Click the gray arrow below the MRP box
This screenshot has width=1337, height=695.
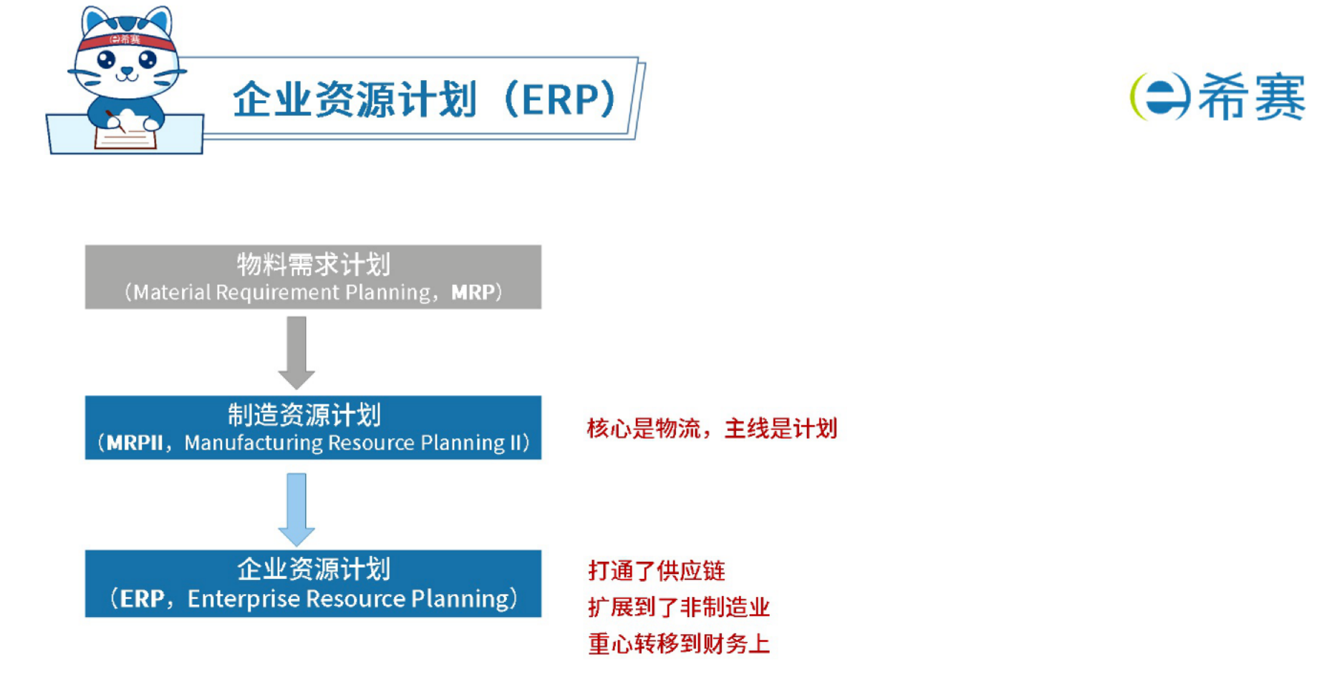tap(296, 353)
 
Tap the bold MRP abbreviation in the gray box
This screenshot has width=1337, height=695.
tap(473, 292)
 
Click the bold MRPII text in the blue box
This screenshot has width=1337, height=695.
tap(135, 443)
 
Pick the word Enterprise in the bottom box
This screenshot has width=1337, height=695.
tap(244, 599)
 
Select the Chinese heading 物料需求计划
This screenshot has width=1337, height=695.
tap(314, 264)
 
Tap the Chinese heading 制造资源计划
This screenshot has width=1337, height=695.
tap(304, 414)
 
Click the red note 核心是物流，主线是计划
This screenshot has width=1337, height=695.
tap(712, 429)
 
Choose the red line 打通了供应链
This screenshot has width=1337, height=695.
tap(657, 570)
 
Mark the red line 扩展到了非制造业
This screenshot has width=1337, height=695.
tap(679, 607)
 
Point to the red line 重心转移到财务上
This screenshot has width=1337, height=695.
tap(679, 643)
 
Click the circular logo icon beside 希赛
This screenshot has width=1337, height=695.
tap(1160, 97)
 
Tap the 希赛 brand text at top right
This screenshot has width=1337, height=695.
tap(1251, 97)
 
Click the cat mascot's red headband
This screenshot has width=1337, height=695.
tap(127, 40)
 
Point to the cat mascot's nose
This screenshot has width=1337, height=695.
tap(127, 70)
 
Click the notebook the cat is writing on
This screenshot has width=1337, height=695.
tap(125, 136)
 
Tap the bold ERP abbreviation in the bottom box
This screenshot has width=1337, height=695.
tap(143, 599)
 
